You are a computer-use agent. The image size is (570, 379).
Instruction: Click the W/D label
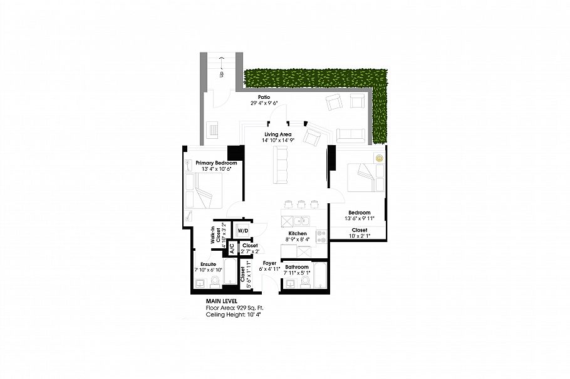pos(242,231)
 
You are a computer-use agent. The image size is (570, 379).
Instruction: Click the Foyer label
pos(269,263)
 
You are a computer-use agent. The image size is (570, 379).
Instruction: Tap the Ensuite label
pos(207,264)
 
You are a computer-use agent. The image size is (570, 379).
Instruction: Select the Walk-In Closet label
pos(212,236)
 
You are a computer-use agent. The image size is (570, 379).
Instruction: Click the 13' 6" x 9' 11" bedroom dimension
pos(360,219)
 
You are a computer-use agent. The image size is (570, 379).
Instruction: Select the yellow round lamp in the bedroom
pos(379,158)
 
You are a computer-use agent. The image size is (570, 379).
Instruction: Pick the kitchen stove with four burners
pos(321,236)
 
